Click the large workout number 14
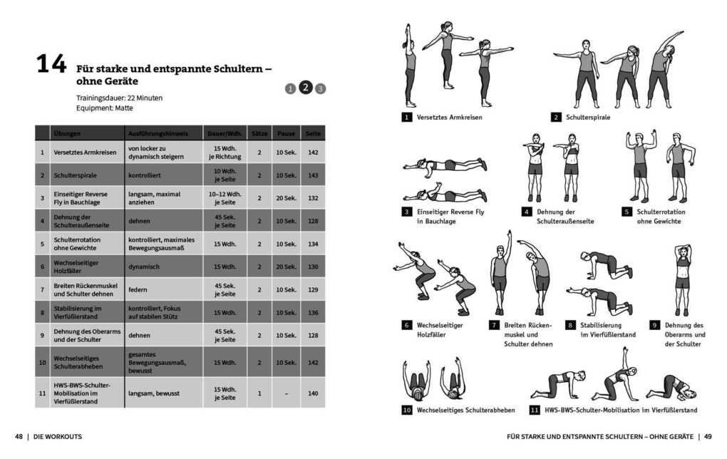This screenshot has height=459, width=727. click(x=51, y=66)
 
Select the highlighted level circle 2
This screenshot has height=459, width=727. click(x=305, y=88)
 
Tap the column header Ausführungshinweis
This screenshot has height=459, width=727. click(x=158, y=133)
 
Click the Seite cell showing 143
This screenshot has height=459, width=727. click(x=312, y=175)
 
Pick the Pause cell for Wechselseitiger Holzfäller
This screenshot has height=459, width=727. click(x=286, y=267)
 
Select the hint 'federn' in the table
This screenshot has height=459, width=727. click(x=138, y=289)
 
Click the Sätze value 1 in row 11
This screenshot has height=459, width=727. click(x=259, y=393)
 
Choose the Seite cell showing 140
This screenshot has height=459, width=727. click(x=312, y=393)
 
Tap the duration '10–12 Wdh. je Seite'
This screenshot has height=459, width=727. click(x=225, y=197)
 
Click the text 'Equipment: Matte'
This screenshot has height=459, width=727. click(x=104, y=108)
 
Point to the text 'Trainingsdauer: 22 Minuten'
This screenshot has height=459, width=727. click(x=119, y=97)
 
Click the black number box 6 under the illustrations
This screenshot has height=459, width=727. click(x=407, y=325)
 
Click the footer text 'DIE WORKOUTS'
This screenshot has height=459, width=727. click(x=57, y=436)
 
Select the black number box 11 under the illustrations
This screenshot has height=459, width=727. click(x=534, y=411)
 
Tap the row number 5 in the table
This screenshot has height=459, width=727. click(x=42, y=244)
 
